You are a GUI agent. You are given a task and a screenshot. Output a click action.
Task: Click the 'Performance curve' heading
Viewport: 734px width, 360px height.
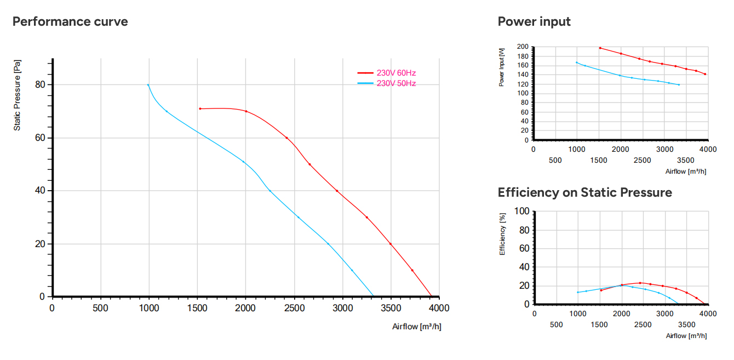pos(70,21)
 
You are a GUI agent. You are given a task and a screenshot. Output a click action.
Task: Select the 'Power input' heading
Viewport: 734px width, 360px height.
pos(534,21)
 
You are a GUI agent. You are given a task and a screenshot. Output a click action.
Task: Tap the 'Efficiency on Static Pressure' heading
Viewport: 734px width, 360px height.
pos(584,192)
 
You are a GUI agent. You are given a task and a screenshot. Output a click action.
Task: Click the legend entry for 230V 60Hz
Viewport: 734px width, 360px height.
pos(386,73)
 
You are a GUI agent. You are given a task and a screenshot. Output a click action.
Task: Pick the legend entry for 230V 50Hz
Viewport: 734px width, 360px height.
pos(386,83)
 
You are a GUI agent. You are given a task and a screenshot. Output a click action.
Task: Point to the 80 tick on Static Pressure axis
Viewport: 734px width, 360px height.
pos(40,84)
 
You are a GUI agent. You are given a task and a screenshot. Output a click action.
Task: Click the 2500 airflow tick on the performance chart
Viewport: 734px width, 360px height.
pos(294,308)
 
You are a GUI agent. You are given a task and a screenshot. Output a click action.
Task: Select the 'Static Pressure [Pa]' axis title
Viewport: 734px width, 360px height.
pos(17,95)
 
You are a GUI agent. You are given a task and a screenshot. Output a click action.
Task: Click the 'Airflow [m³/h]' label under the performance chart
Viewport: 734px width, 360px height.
pos(416,327)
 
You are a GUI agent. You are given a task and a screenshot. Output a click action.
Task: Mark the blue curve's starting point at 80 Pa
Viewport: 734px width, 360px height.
pos(148,85)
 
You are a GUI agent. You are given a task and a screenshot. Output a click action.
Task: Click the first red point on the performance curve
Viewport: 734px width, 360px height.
pos(200,108)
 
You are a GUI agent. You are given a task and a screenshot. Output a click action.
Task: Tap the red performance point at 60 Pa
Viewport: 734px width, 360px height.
pos(286,138)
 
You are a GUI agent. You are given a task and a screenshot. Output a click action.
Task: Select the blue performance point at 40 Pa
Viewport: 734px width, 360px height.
pos(270,191)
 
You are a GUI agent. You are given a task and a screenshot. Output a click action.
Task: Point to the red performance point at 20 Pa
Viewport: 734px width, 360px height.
pos(391,244)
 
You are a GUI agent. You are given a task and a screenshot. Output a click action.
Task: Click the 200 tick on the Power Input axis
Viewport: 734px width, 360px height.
pos(523,47)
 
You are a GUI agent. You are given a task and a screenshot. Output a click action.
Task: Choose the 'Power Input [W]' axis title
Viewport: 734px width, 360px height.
pos(501,67)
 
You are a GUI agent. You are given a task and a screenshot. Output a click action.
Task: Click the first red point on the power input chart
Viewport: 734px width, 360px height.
pos(600,48)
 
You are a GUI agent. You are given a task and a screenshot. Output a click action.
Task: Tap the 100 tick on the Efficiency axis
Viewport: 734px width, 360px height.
pos(521,211)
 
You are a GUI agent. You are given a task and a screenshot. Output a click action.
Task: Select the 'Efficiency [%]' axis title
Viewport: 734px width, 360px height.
pos(502,234)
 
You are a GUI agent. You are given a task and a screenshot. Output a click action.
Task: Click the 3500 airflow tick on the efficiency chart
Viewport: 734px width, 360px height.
pos(686,324)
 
